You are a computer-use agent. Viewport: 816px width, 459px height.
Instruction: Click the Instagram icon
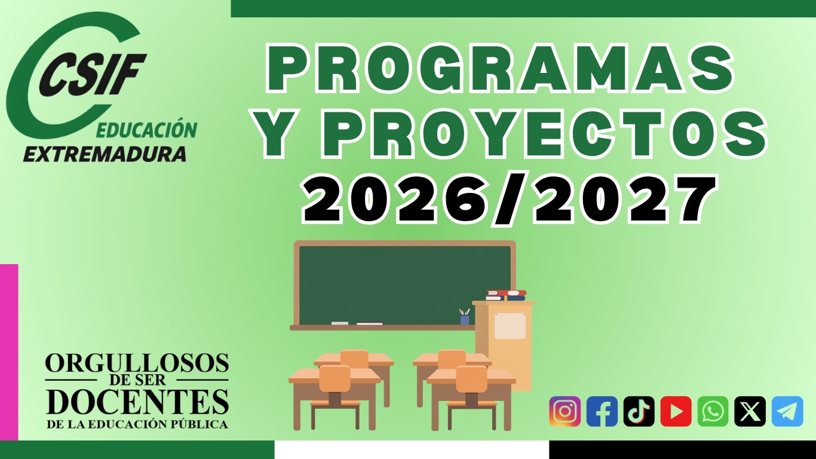[x=565, y=411]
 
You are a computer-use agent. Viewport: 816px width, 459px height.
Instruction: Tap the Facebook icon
[x=602, y=411]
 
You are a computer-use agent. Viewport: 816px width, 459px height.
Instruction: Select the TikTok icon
[x=639, y=411]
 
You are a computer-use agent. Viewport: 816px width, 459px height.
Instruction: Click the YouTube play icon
[x=676, y=411]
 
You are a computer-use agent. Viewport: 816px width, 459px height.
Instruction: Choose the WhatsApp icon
[x=713, y=411]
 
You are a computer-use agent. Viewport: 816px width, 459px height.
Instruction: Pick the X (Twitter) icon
[x=750, y=411]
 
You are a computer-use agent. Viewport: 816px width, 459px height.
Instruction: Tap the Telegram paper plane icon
[x=787, y=411]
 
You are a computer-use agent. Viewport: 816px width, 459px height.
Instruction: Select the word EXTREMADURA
[x=105, y=154]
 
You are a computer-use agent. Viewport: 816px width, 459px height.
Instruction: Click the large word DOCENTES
[x=137, y=402]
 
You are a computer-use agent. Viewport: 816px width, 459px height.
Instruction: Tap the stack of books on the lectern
[x=506, y=295]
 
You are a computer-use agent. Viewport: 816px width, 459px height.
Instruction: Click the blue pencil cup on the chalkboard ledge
[x=465, y=319]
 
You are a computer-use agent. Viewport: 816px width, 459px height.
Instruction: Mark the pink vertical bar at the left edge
[x=9, y=352]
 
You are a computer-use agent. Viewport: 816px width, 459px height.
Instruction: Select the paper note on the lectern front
[x=510, y=326]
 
